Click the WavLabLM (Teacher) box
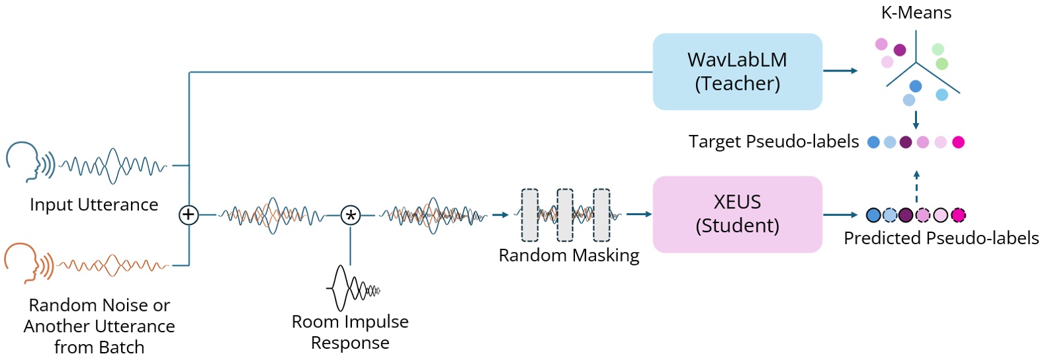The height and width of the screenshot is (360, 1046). [x=737, y=71]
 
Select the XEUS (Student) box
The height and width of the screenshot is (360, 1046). [x=737, y=214]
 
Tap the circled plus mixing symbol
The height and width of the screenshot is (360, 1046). [x=189, y=214]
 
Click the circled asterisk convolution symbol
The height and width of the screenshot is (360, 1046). [x=350, y=215]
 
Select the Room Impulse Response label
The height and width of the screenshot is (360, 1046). [x=350, y=332]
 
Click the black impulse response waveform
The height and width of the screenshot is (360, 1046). [x=353, y=289]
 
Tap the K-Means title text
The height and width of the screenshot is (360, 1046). [x=916, y=13]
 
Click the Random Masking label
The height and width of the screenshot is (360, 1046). [x=569, y=255]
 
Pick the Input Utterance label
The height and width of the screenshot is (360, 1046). [x=94, y=204]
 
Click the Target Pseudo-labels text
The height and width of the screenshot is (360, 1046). [x=773, y=142]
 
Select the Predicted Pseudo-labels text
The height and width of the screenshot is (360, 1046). [x=941, y=238]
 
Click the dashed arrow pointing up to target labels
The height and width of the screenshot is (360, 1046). [x=916, y=187]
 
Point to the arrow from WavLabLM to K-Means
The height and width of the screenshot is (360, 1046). [x=840, y=71]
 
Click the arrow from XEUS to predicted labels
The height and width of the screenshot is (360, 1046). [x=840, y=214]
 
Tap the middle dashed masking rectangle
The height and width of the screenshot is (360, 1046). [x=565, y=215]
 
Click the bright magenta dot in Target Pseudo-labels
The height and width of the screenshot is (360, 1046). [x=957, y=142]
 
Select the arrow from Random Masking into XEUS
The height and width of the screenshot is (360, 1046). [x=638, y=214]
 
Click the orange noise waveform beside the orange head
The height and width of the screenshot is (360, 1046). [x=112, y=265]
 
